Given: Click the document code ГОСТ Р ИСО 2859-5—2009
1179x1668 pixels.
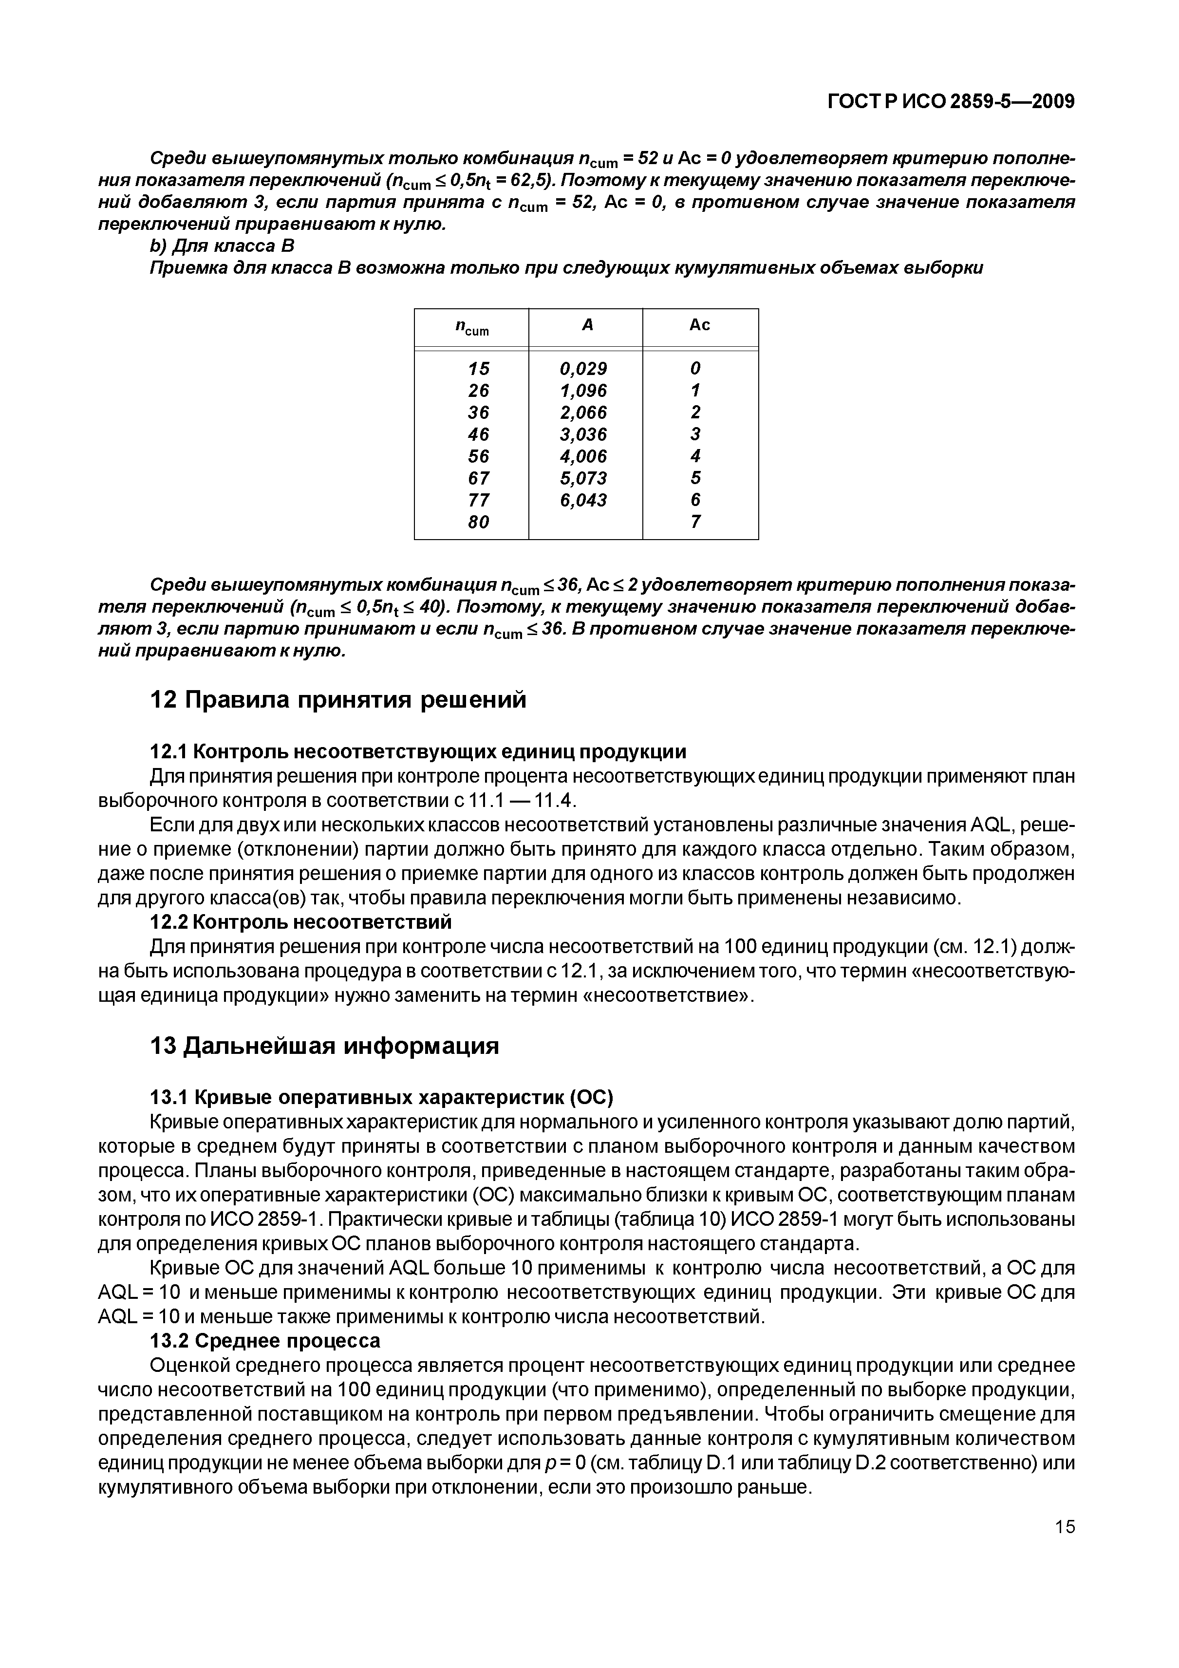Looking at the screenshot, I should pyautogui.click(x=951, y=101).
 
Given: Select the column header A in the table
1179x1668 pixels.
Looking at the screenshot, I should pyautogui.click(x=587, y=325).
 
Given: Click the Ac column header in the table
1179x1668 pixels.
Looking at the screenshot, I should pyautogui.click(x=699, y=325).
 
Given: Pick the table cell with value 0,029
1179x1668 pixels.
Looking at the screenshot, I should pyautogui.click(x=583, y=368).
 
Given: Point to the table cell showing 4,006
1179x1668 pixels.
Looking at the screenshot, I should pyautogui.click(x=583, y=456).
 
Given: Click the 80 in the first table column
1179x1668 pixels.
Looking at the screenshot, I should pyautogui.click(x=479, y=522).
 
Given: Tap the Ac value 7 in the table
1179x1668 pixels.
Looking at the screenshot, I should pyautogui.click(x=696, y=522).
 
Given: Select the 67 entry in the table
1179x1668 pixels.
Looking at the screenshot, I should pyautogui.click(x=479, y=478).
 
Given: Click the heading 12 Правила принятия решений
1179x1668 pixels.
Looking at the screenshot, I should pyautogui.click(x=337, y=700).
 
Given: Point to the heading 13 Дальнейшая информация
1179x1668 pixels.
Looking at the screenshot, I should pyautogui.click(x=324, y=1046).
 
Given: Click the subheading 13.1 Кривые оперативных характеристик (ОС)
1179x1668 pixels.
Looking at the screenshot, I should pyautogui.click(x=381, y=1096).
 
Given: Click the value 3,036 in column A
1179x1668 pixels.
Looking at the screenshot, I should pyautogui.click(x=583, y=434).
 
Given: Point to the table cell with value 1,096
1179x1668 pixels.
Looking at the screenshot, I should pyautogui.click(x=583, y=390).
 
